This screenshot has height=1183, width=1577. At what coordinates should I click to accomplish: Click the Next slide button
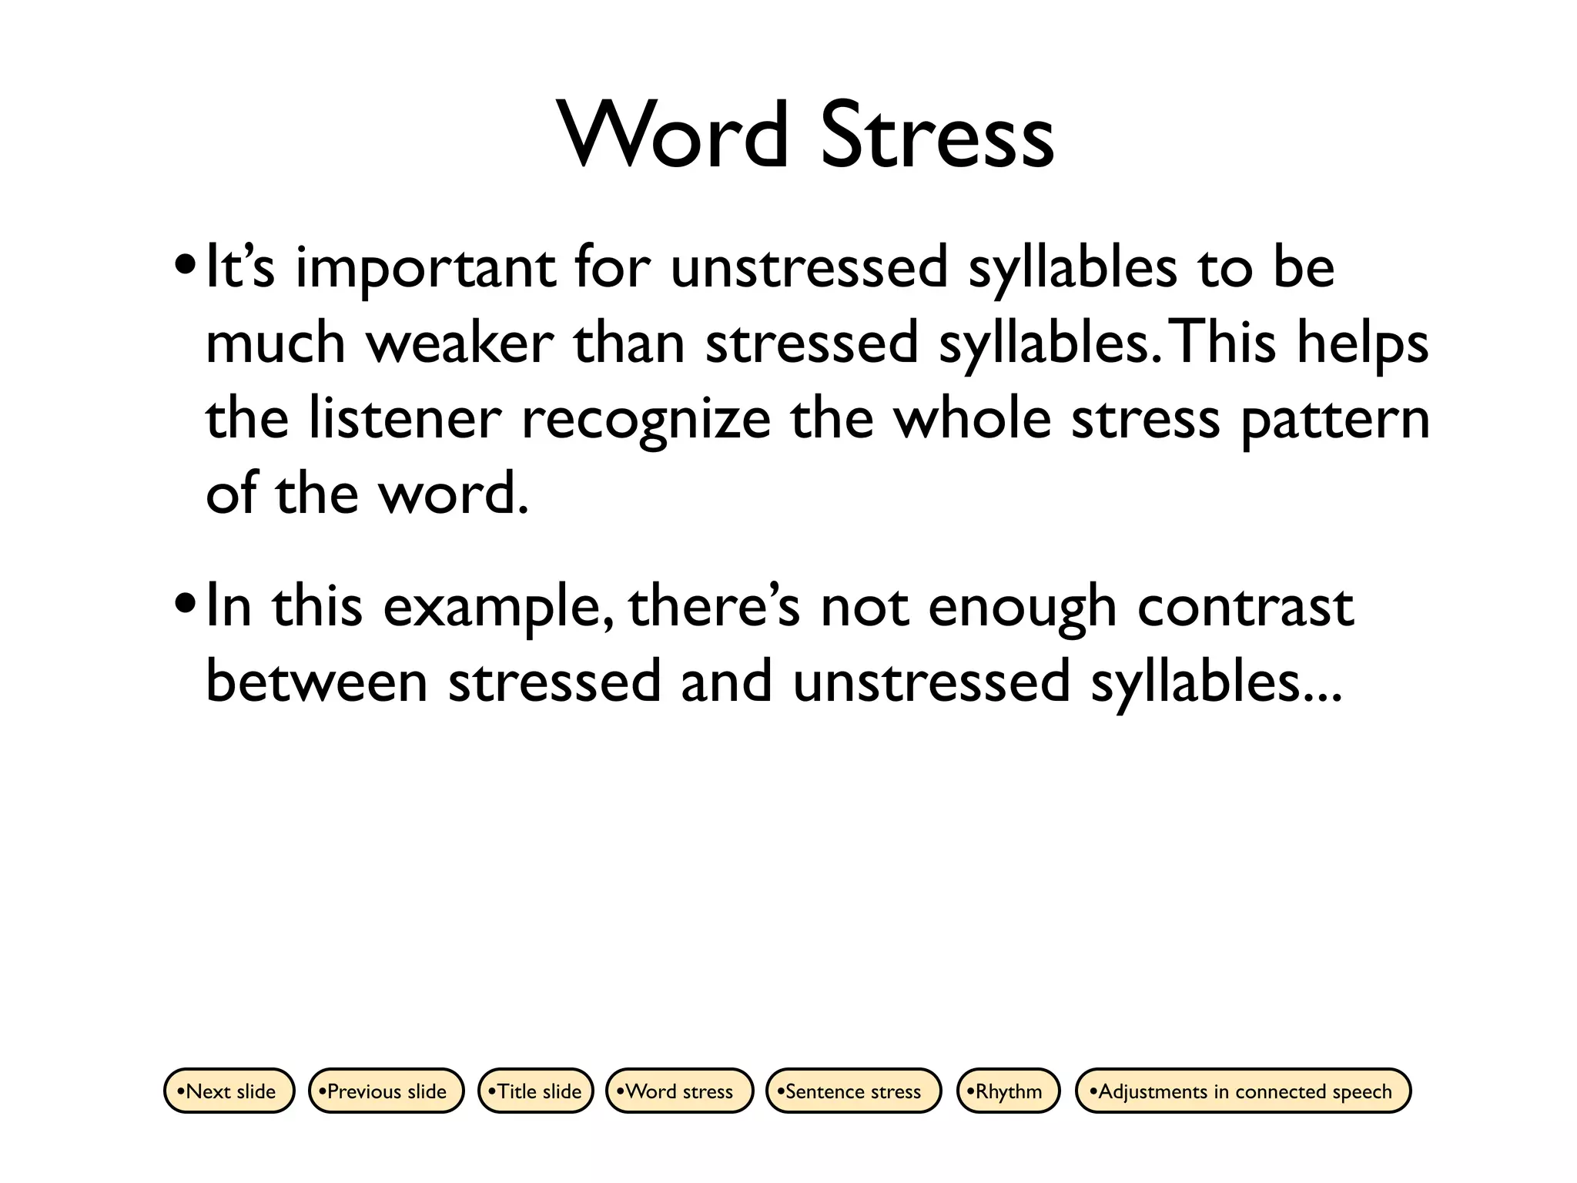[x=229, y=1091]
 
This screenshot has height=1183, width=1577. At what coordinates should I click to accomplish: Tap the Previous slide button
[x=387, y=1091]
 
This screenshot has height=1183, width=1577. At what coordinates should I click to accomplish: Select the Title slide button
[x=536, y=1091]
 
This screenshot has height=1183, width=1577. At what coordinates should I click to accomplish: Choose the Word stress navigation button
[x=679, y=1091]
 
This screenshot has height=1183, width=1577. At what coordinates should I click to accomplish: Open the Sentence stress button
[x=853, y=1091]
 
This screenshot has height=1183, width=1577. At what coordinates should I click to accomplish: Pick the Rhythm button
[x=1008, y=1091]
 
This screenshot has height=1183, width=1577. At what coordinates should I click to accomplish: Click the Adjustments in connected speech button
[x=1243, y=1091]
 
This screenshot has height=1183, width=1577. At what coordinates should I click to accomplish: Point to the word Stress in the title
[x=937, y=136]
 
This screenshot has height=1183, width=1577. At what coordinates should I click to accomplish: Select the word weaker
[x=460, y=343]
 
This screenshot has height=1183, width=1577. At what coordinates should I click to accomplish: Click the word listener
[x=405, y=418]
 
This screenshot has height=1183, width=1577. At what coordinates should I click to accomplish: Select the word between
[x=316, y=682]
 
